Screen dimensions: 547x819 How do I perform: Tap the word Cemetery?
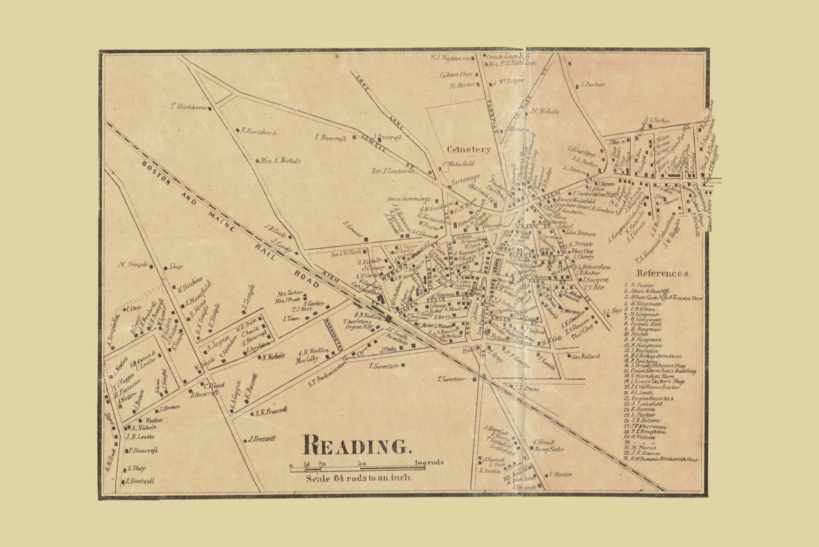[468, 149]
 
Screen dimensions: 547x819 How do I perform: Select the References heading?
[664, 273]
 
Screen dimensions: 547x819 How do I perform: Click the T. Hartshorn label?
[187, 107]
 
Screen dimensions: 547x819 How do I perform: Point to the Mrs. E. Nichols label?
[280, 161]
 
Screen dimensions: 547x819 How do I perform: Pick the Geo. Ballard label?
[585, 356]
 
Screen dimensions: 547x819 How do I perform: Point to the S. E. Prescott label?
[271, 412]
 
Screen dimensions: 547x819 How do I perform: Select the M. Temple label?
[134, 265]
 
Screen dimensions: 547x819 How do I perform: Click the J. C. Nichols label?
[544, 111]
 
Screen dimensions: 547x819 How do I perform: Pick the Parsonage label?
[464, 179]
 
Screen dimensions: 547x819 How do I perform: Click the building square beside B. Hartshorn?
[237, 131]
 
